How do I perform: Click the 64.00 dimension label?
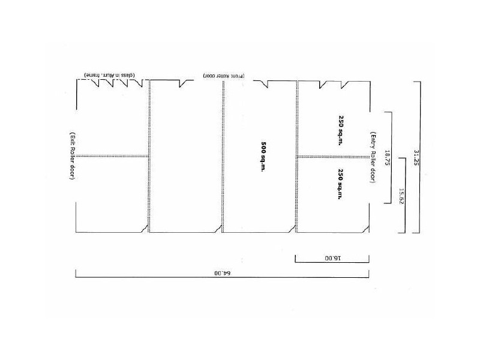(x=222, y=272)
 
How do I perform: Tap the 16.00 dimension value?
(x=332, y=258)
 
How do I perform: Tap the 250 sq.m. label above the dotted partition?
(x=338, y=127)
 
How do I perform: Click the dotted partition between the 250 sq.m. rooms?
(x=334, y=157)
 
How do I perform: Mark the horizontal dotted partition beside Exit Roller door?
(x=112, y=155)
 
